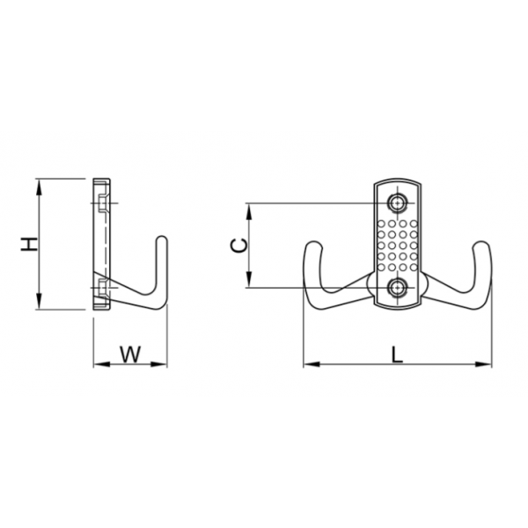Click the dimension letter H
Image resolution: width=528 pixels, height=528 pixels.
29,244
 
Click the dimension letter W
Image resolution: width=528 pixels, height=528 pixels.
130,355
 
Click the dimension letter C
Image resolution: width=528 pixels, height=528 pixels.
238,245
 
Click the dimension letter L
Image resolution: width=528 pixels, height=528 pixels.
398,355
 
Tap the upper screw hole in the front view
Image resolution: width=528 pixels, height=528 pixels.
398,203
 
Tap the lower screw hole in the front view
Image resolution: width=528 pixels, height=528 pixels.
398,289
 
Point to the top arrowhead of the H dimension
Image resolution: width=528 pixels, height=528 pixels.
39,187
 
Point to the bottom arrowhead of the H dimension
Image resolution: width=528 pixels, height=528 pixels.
39,301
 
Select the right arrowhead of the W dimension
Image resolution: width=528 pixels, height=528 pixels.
159,364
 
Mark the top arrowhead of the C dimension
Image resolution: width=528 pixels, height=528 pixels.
249,211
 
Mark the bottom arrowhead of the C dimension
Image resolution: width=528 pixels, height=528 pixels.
249,280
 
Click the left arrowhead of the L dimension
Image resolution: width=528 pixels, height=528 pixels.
312,364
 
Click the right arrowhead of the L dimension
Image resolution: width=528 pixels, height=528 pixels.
483,364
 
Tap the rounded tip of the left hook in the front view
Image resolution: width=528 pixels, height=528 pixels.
314,243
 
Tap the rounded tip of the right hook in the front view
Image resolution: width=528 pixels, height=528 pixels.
482,243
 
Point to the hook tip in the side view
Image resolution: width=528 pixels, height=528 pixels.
162,238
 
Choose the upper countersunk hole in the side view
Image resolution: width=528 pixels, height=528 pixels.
103,203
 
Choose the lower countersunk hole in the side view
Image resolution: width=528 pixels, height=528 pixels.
103,289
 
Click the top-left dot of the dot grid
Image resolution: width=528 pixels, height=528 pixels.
381,224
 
